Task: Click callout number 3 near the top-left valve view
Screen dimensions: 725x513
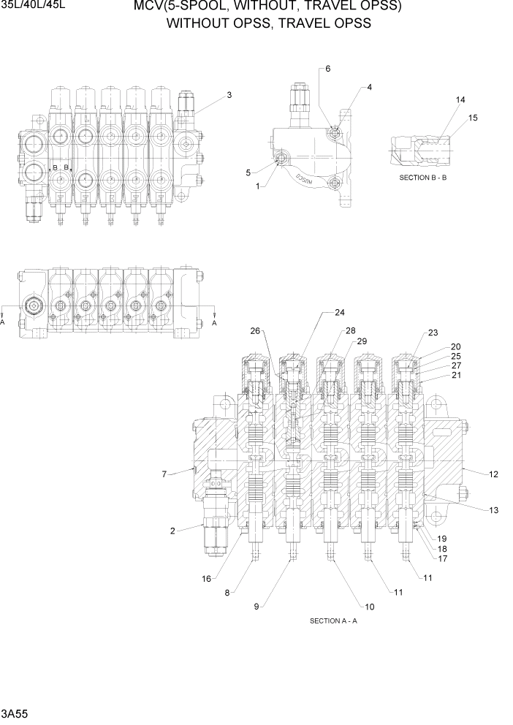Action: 229,94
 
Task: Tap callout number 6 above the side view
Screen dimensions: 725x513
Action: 328,69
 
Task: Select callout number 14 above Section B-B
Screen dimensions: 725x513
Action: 460,99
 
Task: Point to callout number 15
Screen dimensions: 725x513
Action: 473,118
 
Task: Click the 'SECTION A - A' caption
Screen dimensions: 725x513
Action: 333,621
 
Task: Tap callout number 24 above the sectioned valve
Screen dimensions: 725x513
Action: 340,313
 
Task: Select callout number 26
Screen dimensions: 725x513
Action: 255,330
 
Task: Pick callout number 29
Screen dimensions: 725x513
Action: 361,342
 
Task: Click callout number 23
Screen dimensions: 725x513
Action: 433,333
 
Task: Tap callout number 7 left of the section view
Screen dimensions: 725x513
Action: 164,474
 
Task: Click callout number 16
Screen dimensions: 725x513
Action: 207,579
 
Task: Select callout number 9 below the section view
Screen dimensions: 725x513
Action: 256,606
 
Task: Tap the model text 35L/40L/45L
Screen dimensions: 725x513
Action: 34,6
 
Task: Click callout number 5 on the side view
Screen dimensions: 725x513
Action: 248,172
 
